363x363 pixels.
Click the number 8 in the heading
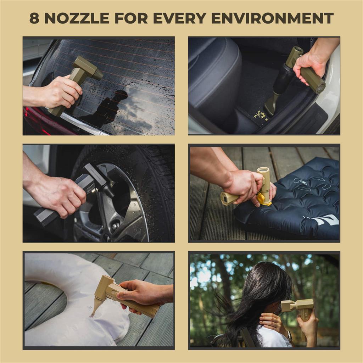click(x=34, y=18)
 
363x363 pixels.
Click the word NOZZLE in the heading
click(x=77, y=18)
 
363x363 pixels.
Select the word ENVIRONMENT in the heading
click(x=272, y=18)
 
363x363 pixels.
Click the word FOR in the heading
click(x=131, y=18)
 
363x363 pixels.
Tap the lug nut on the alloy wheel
click(x=115, y=225)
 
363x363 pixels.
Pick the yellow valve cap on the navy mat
click(x=264, y=200)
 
